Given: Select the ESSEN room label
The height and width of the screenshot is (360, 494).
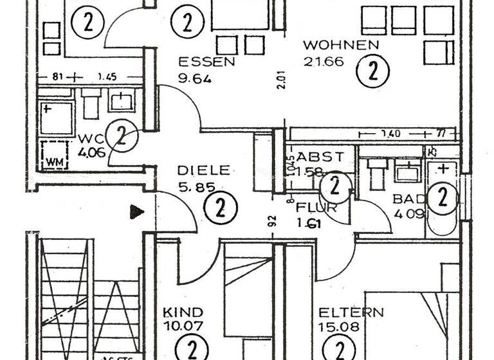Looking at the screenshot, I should (x=206, y=62).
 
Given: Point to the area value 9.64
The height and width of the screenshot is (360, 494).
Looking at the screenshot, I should (x=194, y=80).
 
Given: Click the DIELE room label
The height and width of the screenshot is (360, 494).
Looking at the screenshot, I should (x=203, y=170).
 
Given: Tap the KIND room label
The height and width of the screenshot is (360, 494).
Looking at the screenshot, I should (x=183, y=312).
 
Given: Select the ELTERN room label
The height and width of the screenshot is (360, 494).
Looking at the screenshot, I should (x=351, y=313).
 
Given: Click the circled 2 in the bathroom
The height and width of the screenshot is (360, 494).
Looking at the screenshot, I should (x=442, y=197).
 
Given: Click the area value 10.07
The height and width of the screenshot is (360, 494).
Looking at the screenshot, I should (x=183, y=326).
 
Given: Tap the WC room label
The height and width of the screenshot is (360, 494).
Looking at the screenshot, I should (x=87, y=139).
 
